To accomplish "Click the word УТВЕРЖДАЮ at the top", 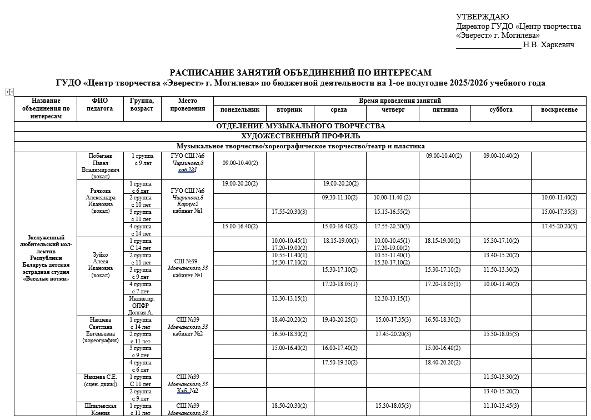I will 482,17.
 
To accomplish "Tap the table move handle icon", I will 9,92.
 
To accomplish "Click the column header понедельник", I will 239,110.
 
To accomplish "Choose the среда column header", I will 339,110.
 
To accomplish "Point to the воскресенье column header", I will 559,110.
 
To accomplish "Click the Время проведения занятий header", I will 400,101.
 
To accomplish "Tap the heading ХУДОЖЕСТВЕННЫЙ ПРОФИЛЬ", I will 300,136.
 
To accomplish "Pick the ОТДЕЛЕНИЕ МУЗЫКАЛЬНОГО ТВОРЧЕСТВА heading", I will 300,126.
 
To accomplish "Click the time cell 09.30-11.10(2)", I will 340,197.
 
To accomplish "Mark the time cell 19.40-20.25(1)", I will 340,319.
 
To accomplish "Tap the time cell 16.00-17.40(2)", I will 340,348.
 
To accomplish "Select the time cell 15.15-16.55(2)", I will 392,212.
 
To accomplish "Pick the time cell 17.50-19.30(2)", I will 340,362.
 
